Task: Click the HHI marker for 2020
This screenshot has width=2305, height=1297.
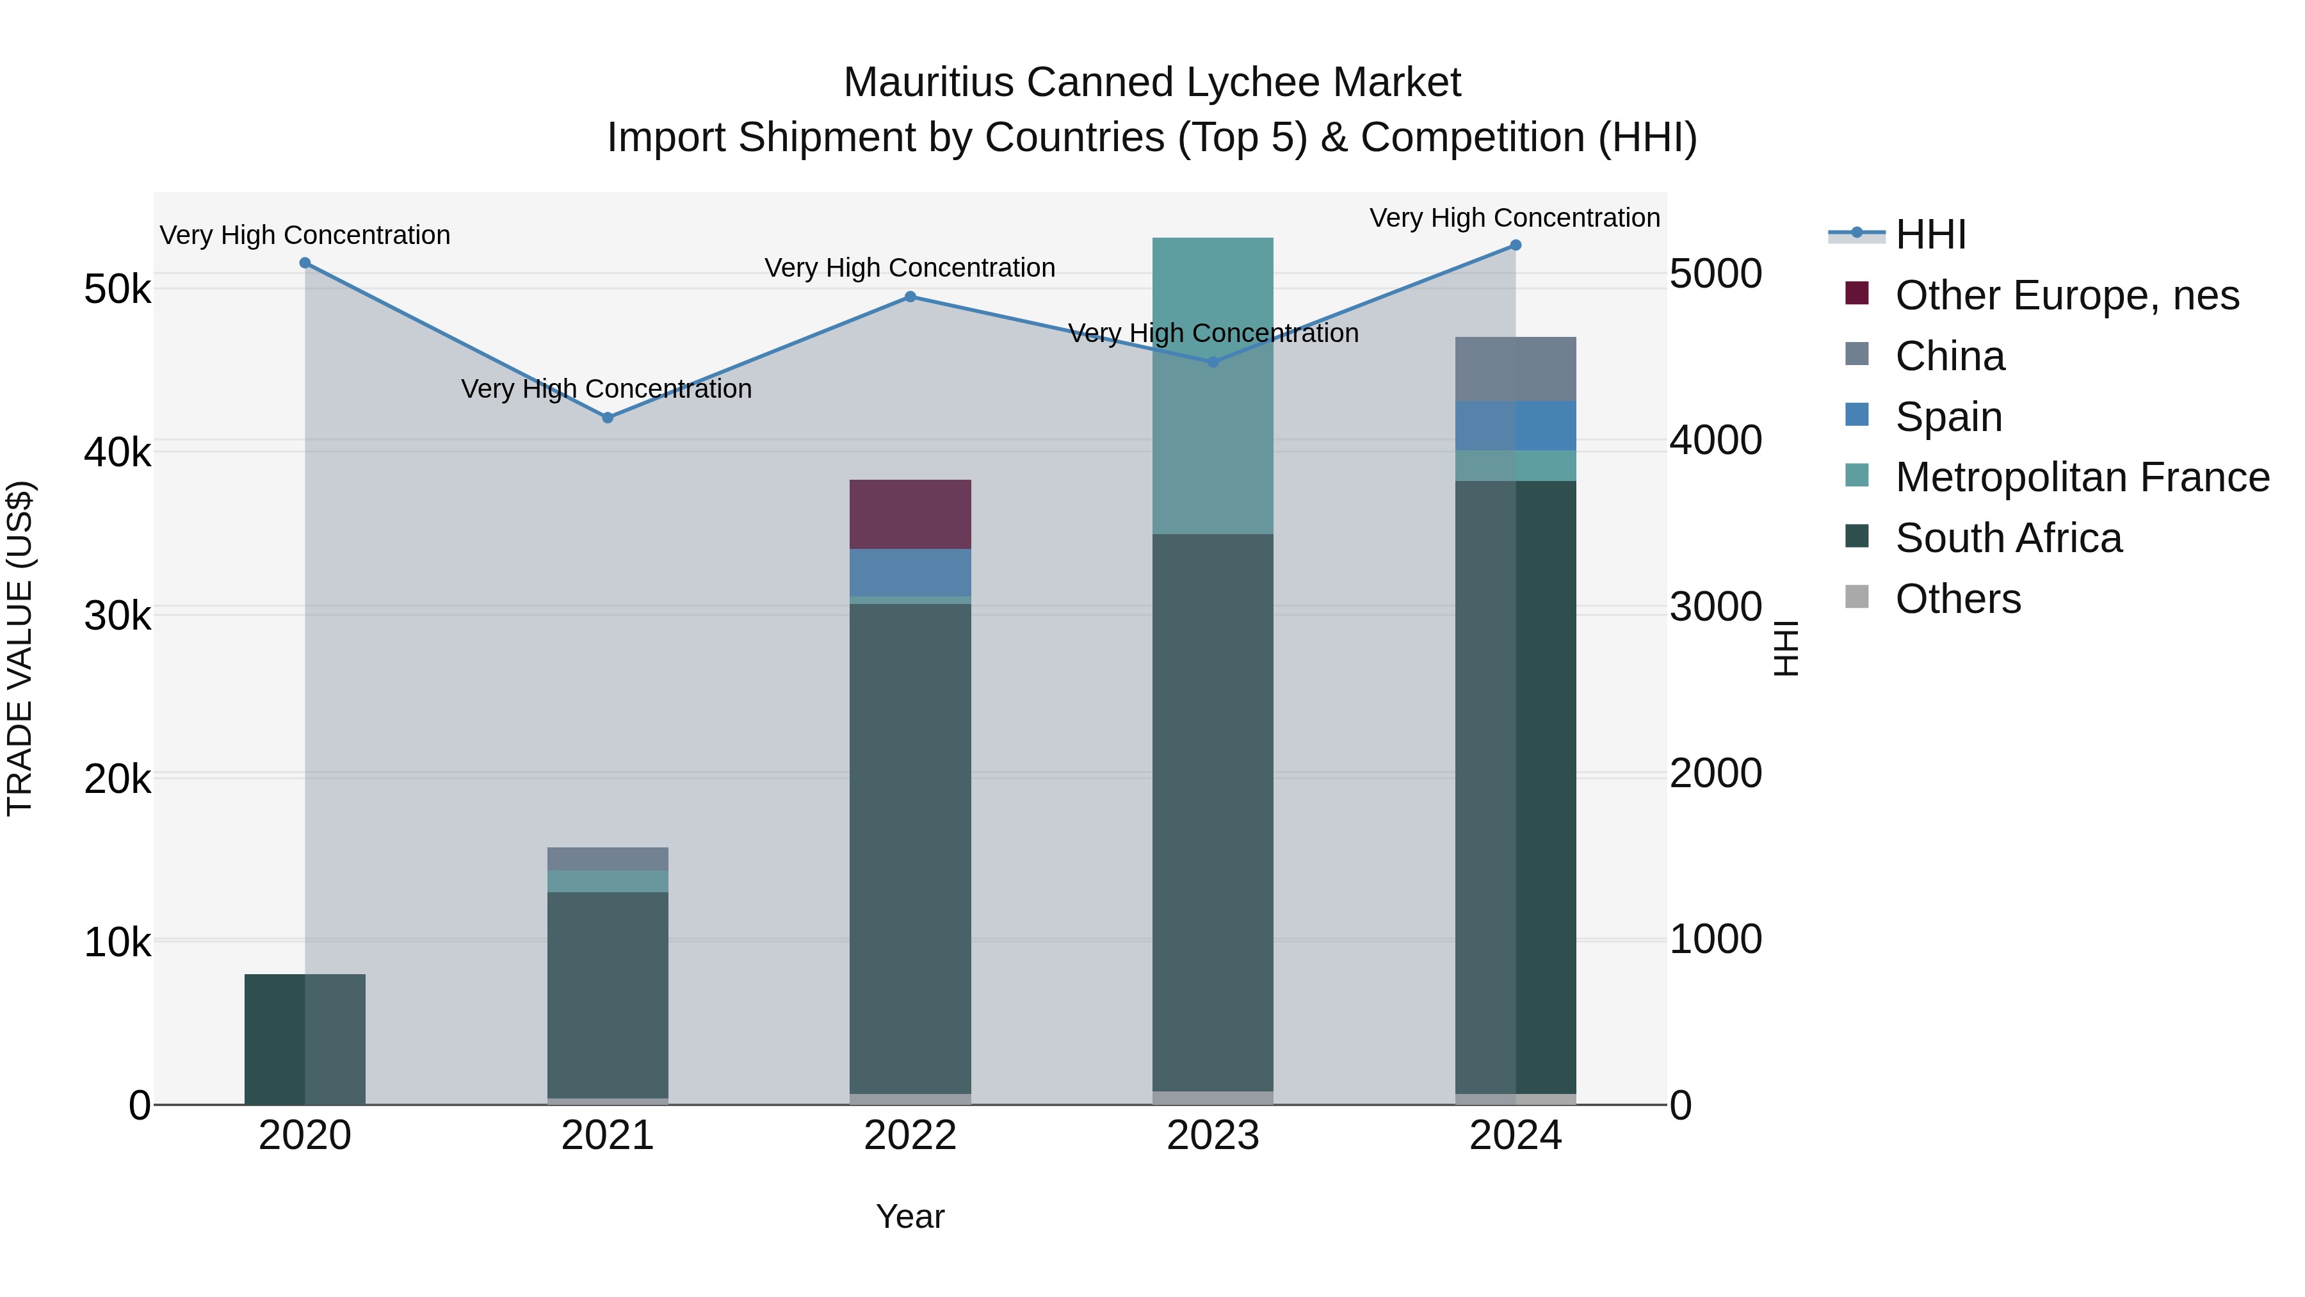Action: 305,263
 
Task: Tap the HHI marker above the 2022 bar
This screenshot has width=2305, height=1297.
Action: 910,297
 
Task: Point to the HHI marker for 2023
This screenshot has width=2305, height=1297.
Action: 1213,363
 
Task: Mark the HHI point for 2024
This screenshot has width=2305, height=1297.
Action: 1516,245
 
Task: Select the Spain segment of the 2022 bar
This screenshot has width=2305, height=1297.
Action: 910,573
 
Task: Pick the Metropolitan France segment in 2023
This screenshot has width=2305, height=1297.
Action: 1213,386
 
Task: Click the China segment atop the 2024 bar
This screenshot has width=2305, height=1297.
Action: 1516,369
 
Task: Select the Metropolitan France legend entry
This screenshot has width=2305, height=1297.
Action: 2082,478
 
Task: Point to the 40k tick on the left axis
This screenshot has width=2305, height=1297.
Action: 117,453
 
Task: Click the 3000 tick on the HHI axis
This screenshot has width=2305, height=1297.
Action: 1715,608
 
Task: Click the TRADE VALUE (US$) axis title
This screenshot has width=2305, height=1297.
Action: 20,648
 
